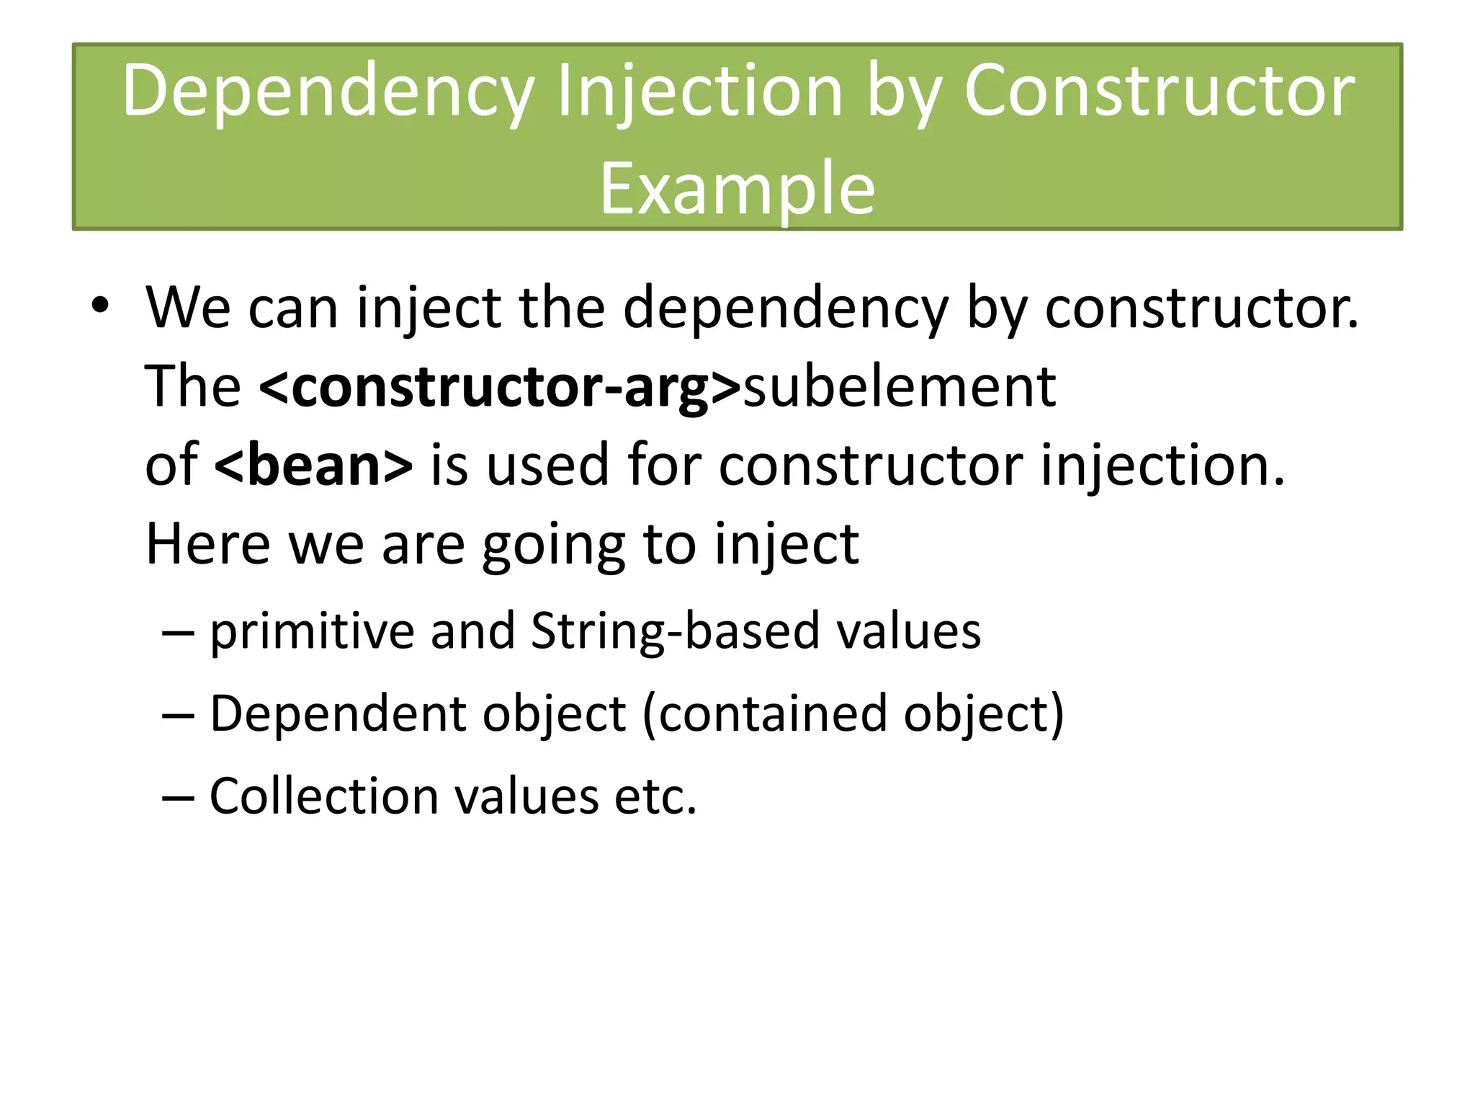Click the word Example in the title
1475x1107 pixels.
coord(737,189)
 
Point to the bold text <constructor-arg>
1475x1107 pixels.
coord(500,387)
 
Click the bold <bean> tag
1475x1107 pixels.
coord(313,466)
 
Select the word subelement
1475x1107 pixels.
coord(899,387)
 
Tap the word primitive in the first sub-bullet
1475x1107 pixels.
coord(311,631)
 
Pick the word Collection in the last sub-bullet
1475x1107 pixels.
coord(323,796)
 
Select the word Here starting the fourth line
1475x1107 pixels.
coord(207,544)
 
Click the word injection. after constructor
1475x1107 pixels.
coord(1162,466)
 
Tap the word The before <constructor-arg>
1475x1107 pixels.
coord(192,387)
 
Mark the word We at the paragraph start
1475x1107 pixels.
coord(188,308)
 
